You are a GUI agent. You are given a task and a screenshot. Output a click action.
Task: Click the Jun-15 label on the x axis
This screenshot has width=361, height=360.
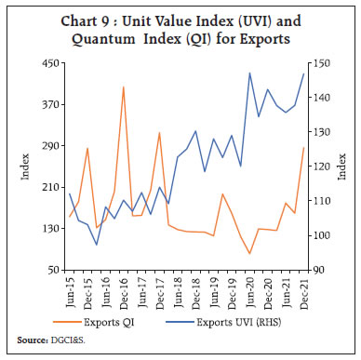pyautogui.click(x=71, y=289)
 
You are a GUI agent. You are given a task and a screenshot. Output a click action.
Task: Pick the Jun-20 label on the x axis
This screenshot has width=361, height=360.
pyautogui.click(x=250, y=289)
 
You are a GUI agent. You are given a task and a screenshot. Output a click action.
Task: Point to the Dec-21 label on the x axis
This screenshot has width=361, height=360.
pyautogui.click(x=303, y=289)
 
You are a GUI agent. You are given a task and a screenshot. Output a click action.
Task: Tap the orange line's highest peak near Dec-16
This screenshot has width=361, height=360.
pyautogui.click(x=124, y=87)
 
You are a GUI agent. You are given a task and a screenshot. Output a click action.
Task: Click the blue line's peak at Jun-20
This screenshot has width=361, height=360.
pyautogui.click(x=249, y=73)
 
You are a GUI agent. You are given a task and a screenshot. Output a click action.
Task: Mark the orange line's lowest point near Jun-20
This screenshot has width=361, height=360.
pyautogui.click(x=249, y=253)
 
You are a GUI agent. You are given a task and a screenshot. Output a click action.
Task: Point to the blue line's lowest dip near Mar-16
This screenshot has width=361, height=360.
pyautogui.click(x=97, y=245)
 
